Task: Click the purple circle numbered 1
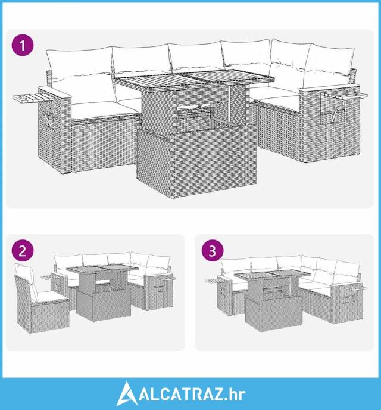click(23, 45)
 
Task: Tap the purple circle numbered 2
click(23, 251)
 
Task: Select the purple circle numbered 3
click(213, 251)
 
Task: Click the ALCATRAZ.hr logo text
click(192, 395)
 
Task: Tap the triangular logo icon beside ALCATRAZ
click(126, 394)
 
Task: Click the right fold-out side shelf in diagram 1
click(344, 94)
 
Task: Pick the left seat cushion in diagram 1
click(105, 110)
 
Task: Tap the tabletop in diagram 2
click(102, 269)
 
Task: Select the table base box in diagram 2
click(104, 304)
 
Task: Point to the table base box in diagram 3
click(274, 314)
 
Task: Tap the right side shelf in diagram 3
click(358, 288)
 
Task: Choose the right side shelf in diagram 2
click(165, 279)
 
